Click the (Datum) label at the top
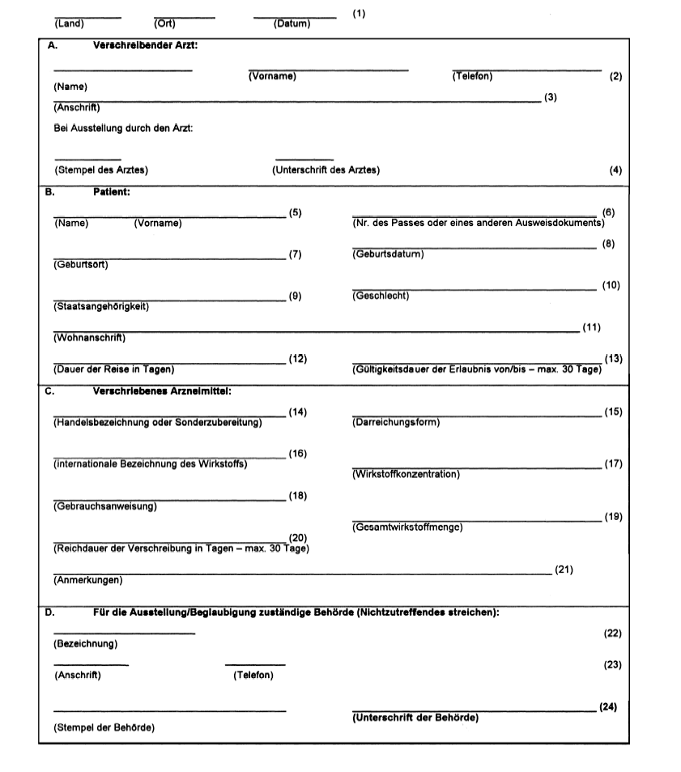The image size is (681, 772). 292,24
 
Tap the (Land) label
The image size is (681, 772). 69,23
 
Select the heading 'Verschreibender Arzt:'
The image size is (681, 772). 146,46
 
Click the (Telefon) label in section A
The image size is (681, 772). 472,76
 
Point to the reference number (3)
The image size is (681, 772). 551,97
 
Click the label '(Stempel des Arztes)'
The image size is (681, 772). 101,170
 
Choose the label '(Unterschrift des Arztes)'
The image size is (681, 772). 326,170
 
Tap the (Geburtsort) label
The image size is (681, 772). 81,264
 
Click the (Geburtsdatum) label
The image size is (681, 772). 388,254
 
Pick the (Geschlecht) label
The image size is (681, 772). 381,296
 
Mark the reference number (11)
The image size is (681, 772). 591,327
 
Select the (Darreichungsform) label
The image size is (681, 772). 396,422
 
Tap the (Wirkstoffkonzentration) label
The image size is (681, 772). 406,474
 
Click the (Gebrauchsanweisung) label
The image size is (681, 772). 104,507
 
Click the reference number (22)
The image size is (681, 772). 613,633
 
